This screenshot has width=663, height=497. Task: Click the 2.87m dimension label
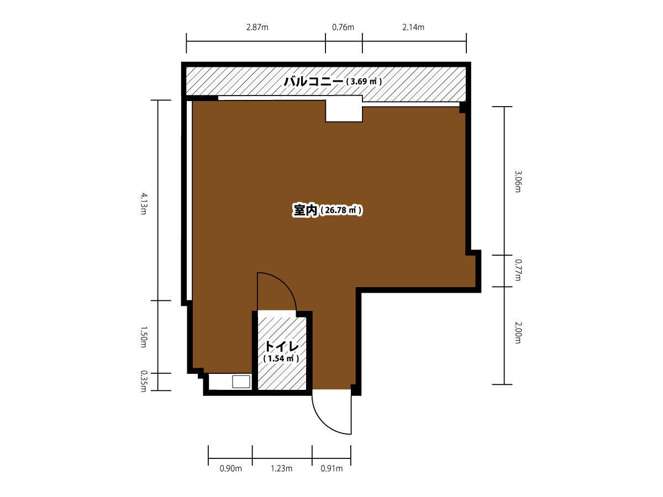pos(257,28)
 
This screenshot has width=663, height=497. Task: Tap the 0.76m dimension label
pos(343,28)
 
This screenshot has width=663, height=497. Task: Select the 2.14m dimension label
pos(413,28)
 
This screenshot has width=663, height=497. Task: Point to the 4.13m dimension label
pos(143,204)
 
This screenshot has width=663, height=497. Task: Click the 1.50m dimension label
pos(143,337)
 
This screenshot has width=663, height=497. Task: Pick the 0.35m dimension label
pos(143,382)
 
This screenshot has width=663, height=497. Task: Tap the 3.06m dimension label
pos(518,181)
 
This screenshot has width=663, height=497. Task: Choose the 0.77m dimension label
pos(518,270)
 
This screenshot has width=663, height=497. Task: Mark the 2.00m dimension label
pos(518,333)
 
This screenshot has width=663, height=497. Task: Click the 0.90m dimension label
pos(230,469)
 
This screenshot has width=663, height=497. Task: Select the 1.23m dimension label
pos(281,469)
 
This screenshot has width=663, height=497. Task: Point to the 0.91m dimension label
pos(331,469)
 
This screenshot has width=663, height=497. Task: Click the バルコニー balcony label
pos(313,82)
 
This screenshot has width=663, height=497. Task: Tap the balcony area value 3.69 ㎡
pos(364,82)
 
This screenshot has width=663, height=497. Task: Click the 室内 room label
pos(305,210)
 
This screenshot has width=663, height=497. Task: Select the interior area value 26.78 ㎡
pos(341,210)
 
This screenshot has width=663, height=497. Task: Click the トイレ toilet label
pos(282,347)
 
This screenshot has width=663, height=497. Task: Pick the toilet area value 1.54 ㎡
pos(281,358)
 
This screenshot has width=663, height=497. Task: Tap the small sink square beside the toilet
pos(241,382)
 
